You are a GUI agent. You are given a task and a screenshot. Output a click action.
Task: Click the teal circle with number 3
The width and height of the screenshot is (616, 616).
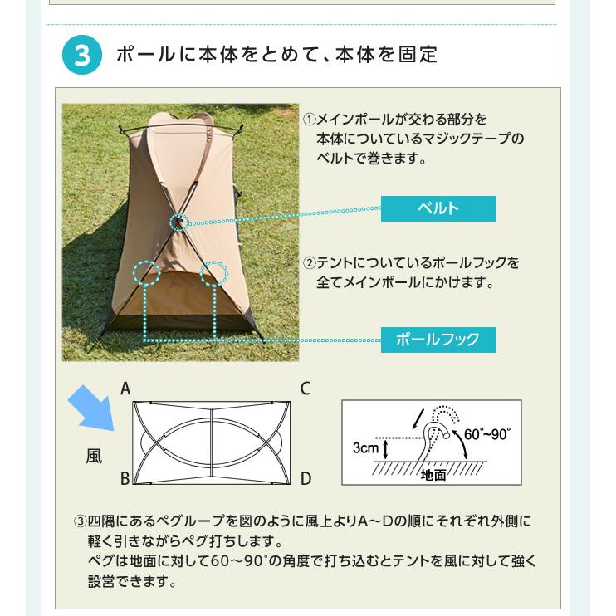pyautogui.click(x=81, y=55)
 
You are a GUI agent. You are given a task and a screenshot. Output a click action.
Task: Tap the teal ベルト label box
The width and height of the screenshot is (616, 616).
pyautogui.click(x=438, y=208)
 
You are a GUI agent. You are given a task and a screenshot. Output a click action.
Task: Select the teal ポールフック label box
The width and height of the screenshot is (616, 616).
pyautogui.click(x=438, y=340)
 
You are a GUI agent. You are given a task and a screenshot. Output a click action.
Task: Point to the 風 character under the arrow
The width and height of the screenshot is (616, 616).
pyautogui.click(x=94, y=457)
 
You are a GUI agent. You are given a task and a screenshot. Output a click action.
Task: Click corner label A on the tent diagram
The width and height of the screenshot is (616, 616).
pyautogui.click(x=125, y=389)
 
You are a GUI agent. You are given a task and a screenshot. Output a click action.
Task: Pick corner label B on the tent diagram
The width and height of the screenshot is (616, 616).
pyautogui.click(x=125, y=478)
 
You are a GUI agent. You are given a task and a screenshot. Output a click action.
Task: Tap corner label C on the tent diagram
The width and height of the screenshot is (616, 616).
pyautogui.click(x=306, y=389)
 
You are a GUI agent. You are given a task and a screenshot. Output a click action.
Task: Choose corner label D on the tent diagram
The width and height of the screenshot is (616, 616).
pyautogui.click(x=306, y=478)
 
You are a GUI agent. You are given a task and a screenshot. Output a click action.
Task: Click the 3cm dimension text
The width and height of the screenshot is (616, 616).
pyautogui.click(x=365, y=447)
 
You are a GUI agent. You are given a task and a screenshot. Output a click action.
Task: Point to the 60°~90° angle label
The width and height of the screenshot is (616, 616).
pyautogui.click(x=487, y=434)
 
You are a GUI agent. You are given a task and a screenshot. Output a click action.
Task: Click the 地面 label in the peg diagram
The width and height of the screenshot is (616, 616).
pyautogui.click(x=433, y=476)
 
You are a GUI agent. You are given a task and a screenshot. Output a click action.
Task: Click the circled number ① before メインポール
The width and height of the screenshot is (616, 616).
pyautogui.click(x=309, y=120)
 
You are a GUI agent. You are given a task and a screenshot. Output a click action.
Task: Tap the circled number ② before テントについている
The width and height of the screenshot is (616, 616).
pyautogui.click(x=309, y=263)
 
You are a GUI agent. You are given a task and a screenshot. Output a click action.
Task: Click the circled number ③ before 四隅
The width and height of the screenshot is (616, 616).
pyautogui.click(x=80, y=521)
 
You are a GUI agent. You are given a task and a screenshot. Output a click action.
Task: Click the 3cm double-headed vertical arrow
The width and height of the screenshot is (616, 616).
pyautogui.click(x=385, y=449)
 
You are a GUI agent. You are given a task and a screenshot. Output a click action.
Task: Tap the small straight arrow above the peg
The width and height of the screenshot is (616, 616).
pyautogui.click(x=418, y=418)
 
